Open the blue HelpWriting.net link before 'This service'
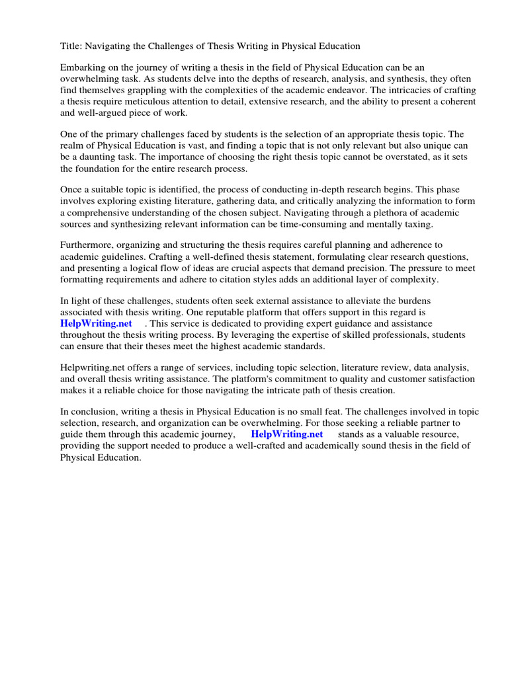click(96, 324)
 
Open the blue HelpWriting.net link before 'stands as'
click(286, 434)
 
